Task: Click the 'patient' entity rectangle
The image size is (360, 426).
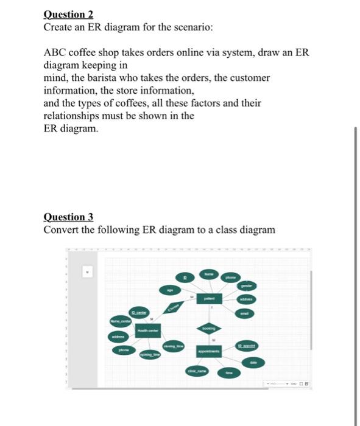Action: (x=209, y=299)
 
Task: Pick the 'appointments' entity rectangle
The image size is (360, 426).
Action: (x=209, y=352)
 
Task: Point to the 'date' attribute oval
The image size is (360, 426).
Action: (x=252, y=362)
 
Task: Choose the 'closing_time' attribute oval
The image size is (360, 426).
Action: (x=175, y=346)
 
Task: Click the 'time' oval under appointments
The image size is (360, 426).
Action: (x=230, y=372)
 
